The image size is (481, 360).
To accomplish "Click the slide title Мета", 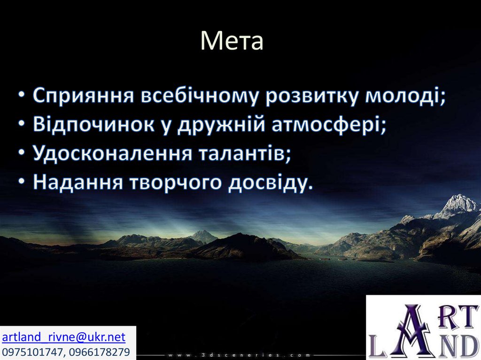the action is pos(232,41).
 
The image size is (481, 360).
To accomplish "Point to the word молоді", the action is pos(402,96).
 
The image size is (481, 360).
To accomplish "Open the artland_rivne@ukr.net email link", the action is pos(64,337).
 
